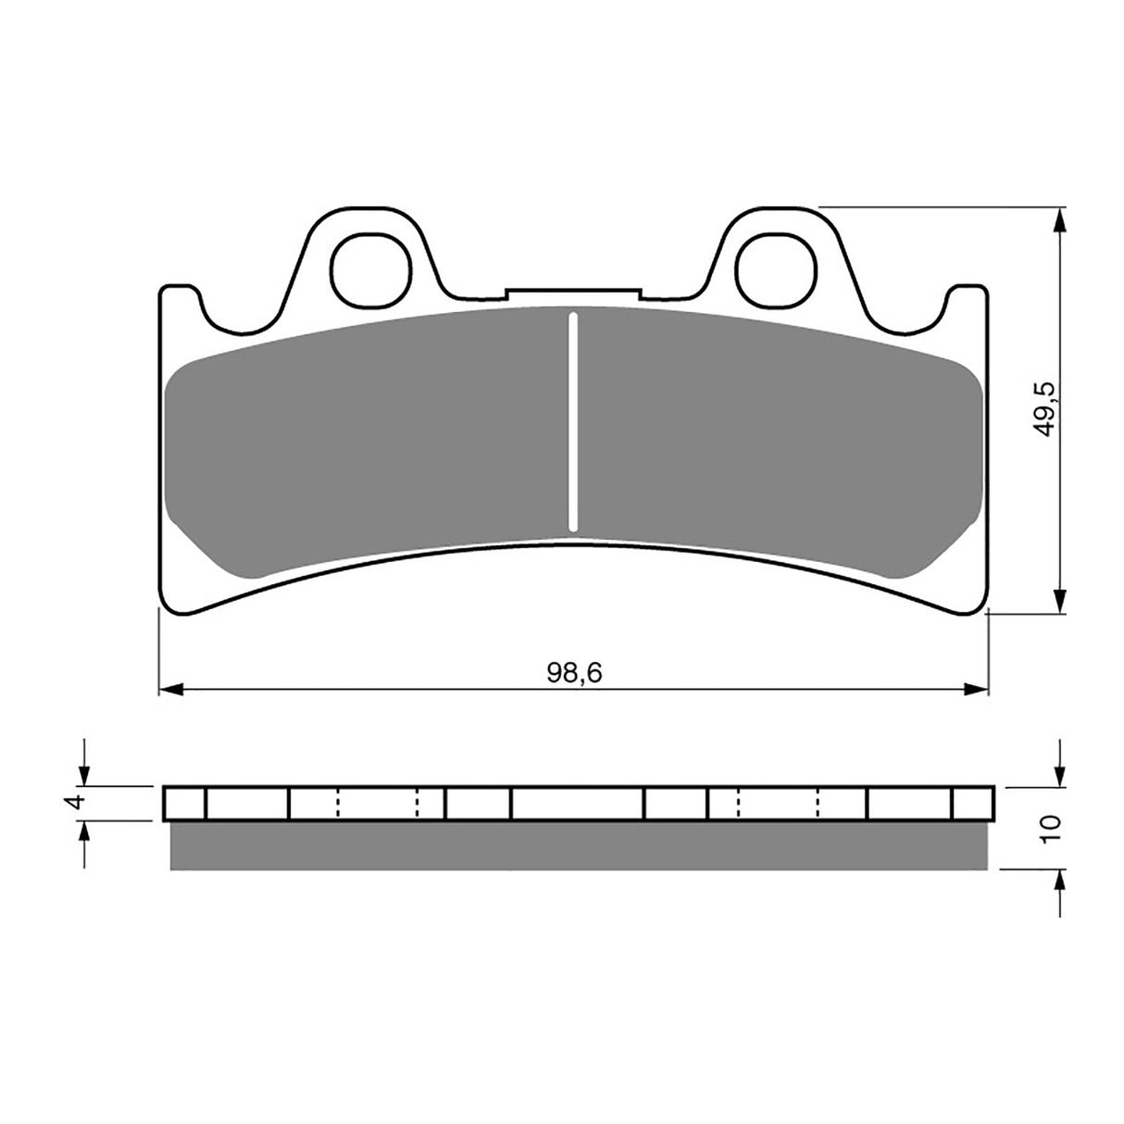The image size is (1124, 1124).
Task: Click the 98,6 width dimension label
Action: pos(573,673)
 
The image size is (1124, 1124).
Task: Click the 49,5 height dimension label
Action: pos(1045,409)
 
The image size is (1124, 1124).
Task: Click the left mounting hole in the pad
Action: pos(370,271)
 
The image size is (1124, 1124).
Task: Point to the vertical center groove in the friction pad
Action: pos(573,422)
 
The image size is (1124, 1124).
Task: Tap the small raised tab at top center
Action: pos(573,293)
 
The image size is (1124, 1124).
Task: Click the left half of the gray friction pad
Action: pos(370,435)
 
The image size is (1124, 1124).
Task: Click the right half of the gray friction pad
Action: pos(778,435)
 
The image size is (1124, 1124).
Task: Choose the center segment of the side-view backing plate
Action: pos(577,803)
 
